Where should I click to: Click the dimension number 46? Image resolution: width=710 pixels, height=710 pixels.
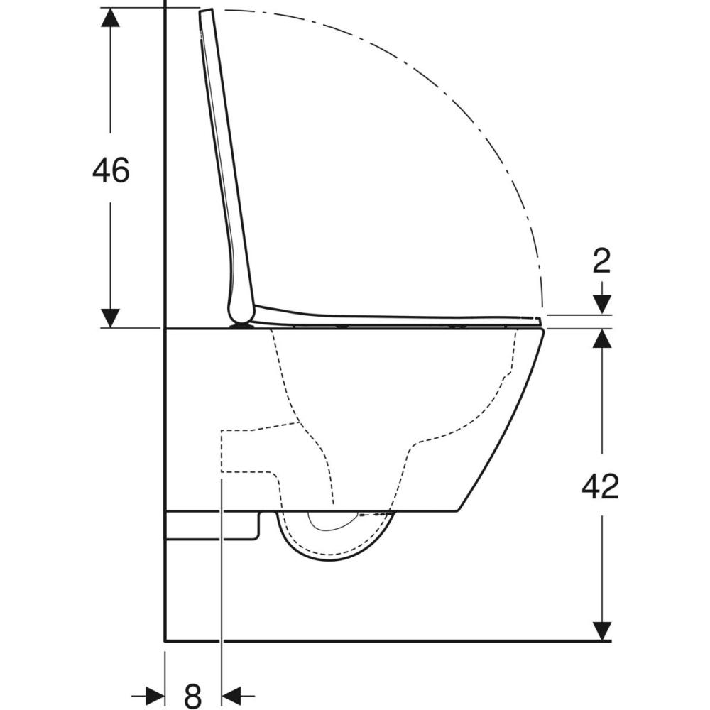point(111,170)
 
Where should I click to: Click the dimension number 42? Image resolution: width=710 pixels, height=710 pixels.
point(600,487)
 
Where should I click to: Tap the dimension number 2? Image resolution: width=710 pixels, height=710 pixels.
point(602,261)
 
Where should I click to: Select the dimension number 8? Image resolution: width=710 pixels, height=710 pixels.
point(193,696)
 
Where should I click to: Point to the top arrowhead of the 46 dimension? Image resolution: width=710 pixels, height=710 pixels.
point(111,17)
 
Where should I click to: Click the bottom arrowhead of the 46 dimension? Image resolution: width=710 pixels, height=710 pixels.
point(111,318)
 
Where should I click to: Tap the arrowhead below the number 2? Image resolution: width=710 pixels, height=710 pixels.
point(602,304)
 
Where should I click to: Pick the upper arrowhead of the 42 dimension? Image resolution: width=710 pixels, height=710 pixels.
point(602,338)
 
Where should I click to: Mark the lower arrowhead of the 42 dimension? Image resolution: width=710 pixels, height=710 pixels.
point(602,630)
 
